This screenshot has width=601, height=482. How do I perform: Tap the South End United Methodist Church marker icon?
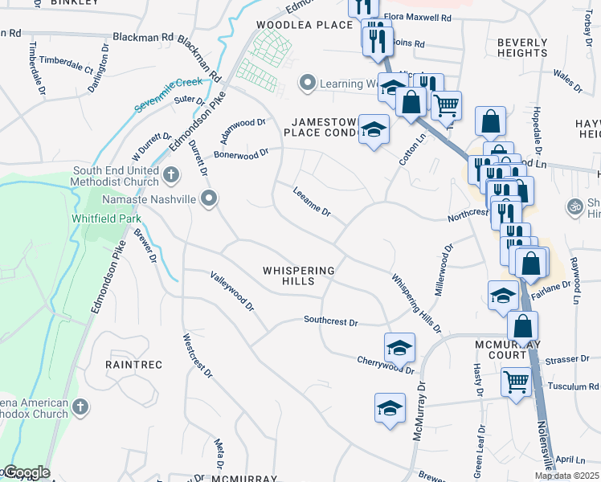pyautogui.click(x=170, y=174)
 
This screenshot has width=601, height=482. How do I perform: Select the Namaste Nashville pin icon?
pyautogui.click(x=210, y=198)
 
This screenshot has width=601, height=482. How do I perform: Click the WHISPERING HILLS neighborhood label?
pyautogui.click(x=298, y=276)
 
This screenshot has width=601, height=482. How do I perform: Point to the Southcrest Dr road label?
pyautogui.click(x=330, y=321)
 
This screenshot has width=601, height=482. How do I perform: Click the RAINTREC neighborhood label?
pyautogui.click(x=133, y=365)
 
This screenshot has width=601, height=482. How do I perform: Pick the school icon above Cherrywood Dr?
pyautogui.click(x=399, y=348)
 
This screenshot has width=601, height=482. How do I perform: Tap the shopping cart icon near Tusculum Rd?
pyautogui.click(x=516, y=382)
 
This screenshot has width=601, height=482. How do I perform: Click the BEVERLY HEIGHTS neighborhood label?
pyautogui.click(x=522, y=47)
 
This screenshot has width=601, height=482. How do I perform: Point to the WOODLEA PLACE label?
pyautogui.click(x=305, y=25)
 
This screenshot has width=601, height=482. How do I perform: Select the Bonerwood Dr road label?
pyautogui.click(x=240, y=153)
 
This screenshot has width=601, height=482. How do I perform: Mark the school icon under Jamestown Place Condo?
pyautogui.click(x=373, y=130)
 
